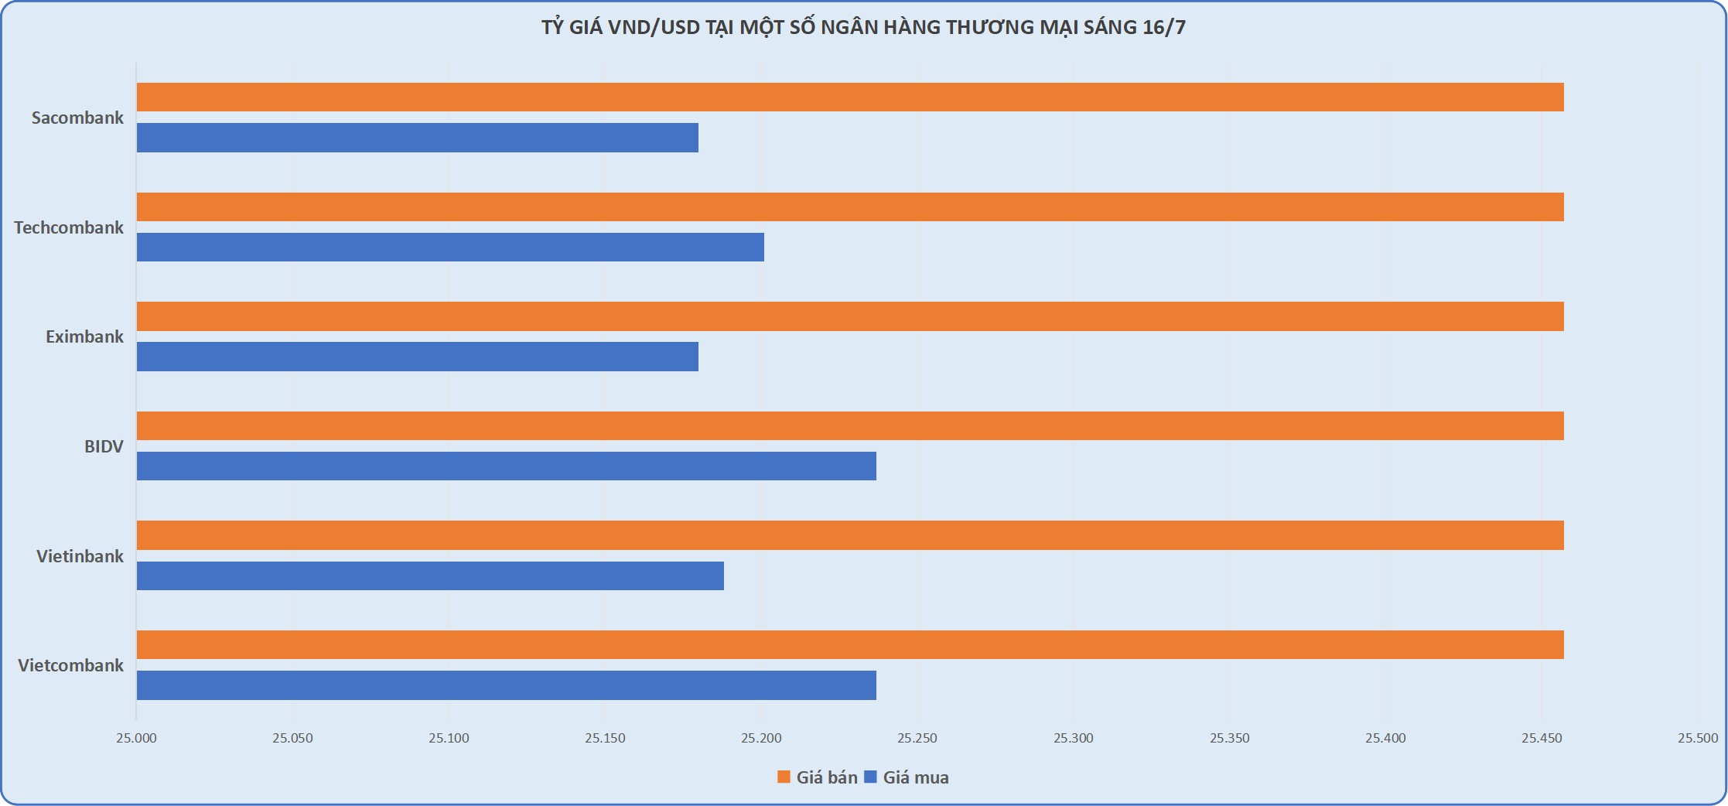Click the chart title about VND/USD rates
(x=863, y=28)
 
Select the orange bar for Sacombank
(x=849, y=97)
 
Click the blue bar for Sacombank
(x=418, y=138)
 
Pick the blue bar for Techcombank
(x=450, y=248)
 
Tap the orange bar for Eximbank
(x=849, y=316)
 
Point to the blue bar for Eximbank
(x=418, y=357)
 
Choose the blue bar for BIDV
(x=507, y=466)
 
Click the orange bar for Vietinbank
(x=849, y=535)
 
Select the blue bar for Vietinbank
(x=430, y=576)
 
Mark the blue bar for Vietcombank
(x=507, y=685)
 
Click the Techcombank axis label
(x=69, y=228)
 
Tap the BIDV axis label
(x=104, y=447)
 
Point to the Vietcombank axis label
(x=70, y=666)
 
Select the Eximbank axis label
(x=84, y=337)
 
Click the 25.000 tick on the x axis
(x=136, y=739)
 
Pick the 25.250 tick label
(x=917, y=739)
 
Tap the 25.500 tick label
(x=1697, y=739)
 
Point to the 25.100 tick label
(x=449, y=739)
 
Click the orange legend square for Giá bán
(x=784, y=777)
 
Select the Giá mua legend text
(x=916, y=778)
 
